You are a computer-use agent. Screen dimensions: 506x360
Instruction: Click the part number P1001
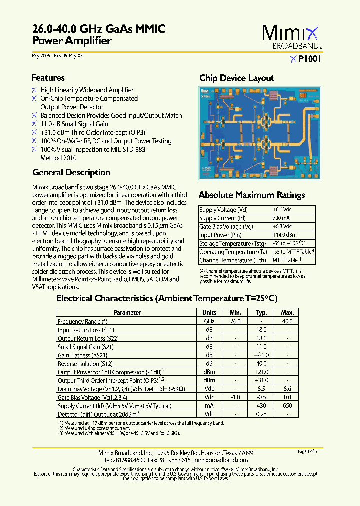click(309, 59)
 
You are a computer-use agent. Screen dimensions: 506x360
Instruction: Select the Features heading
click(48, 78)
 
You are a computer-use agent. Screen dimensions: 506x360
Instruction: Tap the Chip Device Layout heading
click(237, 78)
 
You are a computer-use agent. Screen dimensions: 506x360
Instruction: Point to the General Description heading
click(71, 173)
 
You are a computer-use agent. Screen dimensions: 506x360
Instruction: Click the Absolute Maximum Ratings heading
click(252, 195)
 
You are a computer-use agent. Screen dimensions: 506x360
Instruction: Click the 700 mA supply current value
click(281, 218)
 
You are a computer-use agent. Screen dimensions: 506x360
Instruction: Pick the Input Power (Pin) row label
click(221, 235)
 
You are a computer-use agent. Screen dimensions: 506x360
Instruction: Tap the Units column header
click(209, 313)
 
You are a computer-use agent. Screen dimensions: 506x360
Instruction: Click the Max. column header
click(287, 313)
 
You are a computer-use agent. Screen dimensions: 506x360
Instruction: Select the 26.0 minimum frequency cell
click(235, 321)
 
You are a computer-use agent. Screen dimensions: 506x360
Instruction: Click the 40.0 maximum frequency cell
click(287, 321)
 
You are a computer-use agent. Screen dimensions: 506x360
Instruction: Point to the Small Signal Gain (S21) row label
click(86, 347)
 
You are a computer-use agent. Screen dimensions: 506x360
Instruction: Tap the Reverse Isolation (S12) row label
click(85, 364)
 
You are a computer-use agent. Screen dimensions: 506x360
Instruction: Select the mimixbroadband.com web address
click(220, 460)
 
